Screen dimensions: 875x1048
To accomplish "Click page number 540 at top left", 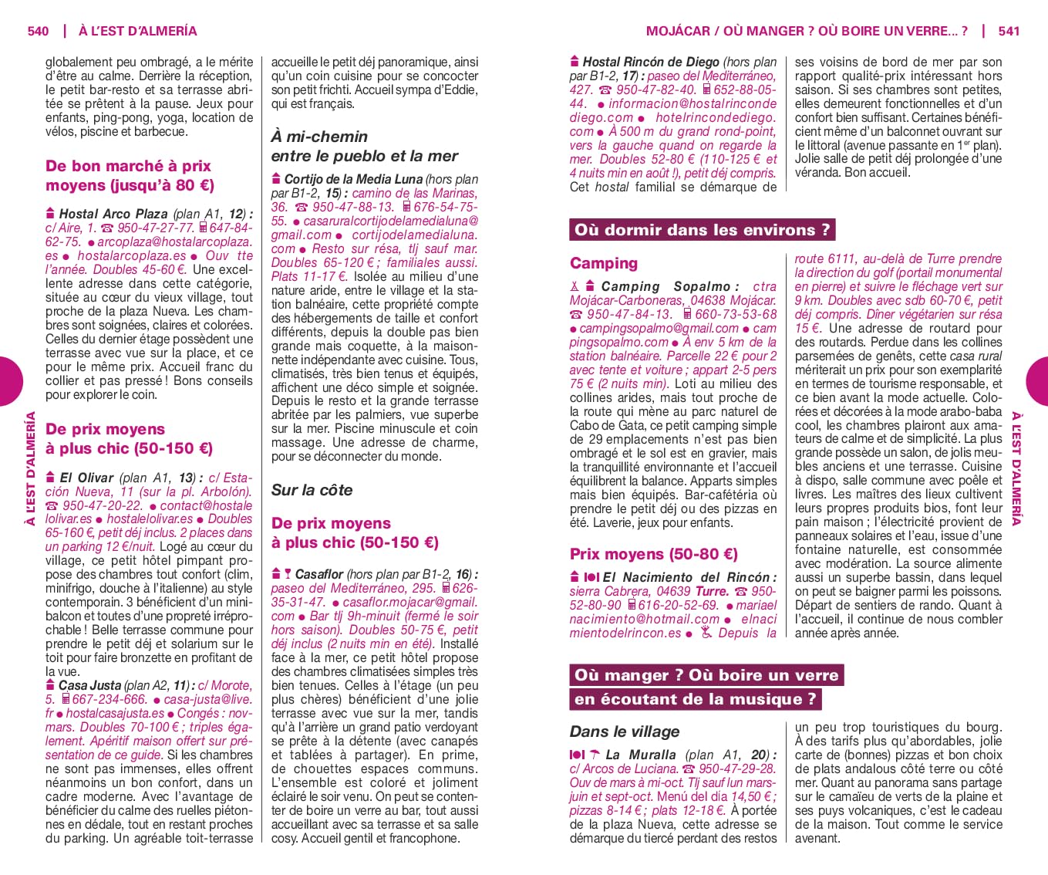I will (38, 32).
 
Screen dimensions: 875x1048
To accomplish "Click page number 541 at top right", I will (1009, 32).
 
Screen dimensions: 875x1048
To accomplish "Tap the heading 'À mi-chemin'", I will (319, 137).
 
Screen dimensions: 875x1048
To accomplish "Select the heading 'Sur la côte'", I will (312, 490).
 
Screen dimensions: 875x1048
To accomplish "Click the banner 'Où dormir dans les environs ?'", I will (702, 230).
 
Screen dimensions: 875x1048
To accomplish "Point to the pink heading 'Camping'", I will (604, 263).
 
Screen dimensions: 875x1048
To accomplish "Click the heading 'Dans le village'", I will (625, 731).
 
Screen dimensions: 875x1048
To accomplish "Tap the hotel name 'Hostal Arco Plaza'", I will (113, 214).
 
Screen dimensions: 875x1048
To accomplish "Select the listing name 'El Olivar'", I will (86, 478).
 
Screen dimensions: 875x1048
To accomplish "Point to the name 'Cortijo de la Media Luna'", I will (353, 179).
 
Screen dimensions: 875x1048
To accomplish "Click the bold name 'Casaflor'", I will (319, 574).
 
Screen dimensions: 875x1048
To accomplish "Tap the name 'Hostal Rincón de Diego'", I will (651, 62).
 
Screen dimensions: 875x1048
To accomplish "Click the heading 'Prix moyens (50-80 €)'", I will (654, 554).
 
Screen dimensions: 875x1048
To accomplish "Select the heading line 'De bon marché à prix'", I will (128, 166).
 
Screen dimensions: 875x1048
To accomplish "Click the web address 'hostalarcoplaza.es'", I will (132, 255).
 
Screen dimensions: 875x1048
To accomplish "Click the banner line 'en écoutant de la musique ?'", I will (694, 700).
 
